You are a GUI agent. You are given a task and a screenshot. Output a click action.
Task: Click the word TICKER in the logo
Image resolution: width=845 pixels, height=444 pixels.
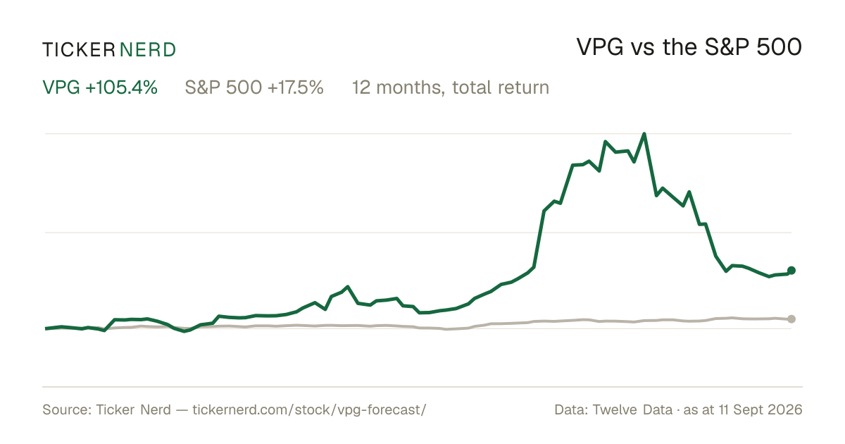78,50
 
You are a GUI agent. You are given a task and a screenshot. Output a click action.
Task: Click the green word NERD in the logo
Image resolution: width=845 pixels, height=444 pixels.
147,50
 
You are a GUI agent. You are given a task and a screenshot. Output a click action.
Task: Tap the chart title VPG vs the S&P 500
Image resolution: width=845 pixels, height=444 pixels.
689,47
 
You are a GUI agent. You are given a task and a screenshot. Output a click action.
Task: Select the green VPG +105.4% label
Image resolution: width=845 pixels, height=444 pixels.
100,87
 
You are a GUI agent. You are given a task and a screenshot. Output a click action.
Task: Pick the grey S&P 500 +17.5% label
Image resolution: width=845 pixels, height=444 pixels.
254,87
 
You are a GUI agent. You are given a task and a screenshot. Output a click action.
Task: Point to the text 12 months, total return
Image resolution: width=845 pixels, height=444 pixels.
451,87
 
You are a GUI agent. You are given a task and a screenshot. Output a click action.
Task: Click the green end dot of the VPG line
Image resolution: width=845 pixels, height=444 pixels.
791,271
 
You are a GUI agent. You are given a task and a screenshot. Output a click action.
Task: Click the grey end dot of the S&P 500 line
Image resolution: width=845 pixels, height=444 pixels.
791,319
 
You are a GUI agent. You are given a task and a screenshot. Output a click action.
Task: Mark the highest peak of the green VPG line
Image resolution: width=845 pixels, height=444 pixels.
644,134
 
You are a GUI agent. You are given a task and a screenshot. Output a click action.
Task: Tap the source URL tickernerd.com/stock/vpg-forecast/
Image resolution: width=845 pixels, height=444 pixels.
309,409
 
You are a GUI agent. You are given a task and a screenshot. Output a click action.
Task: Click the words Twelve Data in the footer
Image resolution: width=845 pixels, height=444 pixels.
632,409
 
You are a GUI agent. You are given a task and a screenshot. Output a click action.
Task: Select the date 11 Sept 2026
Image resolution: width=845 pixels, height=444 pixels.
760,409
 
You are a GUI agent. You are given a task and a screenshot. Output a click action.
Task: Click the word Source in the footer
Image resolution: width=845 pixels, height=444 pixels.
65,409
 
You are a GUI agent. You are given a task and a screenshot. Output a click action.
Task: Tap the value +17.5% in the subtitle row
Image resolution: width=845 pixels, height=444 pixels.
296,87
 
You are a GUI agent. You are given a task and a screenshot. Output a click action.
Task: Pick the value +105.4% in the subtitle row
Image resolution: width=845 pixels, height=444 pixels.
121,87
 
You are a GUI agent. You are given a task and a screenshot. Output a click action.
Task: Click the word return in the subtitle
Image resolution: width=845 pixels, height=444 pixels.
524,88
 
